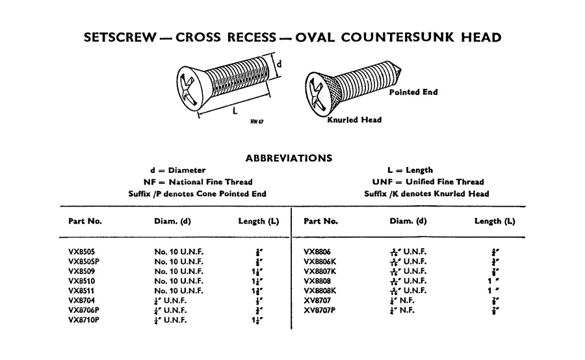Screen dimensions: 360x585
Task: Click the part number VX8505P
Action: click(x=84, y=261)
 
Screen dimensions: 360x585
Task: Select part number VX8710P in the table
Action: click(x=84, y=320)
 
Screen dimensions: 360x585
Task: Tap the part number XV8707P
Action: click(x=321, y=310)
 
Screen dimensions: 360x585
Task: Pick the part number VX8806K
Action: click(x=321, y=261)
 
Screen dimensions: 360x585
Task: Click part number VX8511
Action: click(x=83, y=290)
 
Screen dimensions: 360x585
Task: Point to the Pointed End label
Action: click(x=413, y=92)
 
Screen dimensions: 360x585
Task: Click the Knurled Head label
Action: click(x=354, y=120)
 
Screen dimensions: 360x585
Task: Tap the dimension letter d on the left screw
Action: click(x=279, y=64)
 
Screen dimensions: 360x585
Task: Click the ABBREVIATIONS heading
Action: click(x=289, y=157)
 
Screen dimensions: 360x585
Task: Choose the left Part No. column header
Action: click(x=84, y=221)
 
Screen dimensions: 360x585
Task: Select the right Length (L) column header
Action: click(x=495, y=221)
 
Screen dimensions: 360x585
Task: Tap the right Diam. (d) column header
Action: click(x=408, y=221)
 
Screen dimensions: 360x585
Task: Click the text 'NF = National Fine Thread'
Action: click(x=198, y=182)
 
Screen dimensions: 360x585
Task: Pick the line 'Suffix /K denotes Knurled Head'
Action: click(x=427, y=194)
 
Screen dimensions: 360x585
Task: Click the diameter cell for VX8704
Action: click(x=170, y=300)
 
